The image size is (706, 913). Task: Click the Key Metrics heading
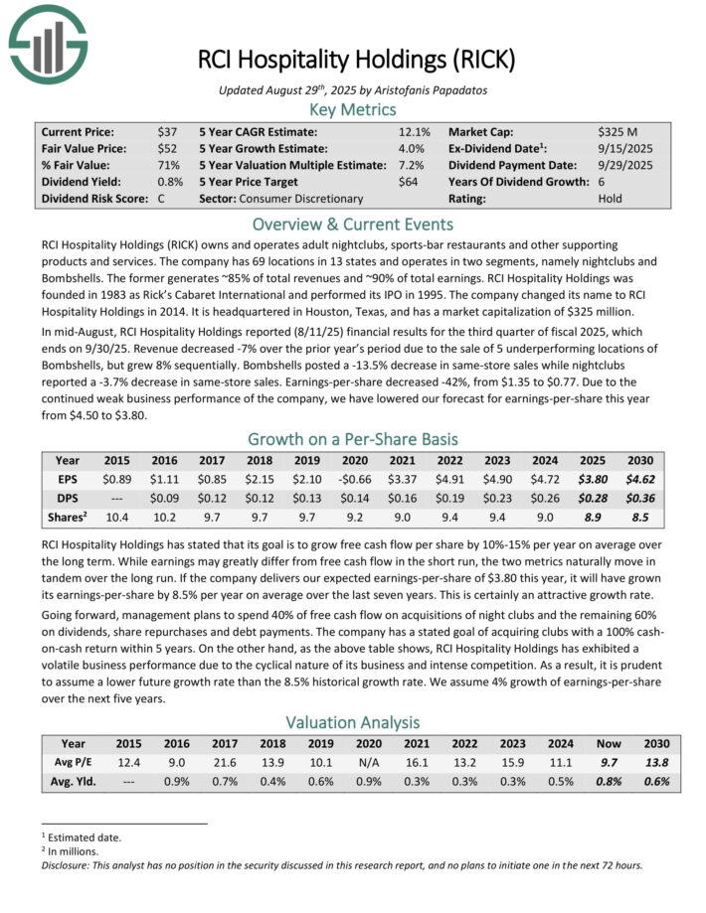(353, 109)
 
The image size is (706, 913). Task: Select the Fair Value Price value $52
(167, 148)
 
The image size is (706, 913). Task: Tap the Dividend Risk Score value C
(162, 199)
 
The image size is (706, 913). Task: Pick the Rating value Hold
(612, 199)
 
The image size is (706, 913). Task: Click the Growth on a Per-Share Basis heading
(353, 438)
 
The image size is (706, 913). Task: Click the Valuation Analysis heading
(353, 722)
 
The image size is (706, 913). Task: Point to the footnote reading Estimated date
(85, 837)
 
